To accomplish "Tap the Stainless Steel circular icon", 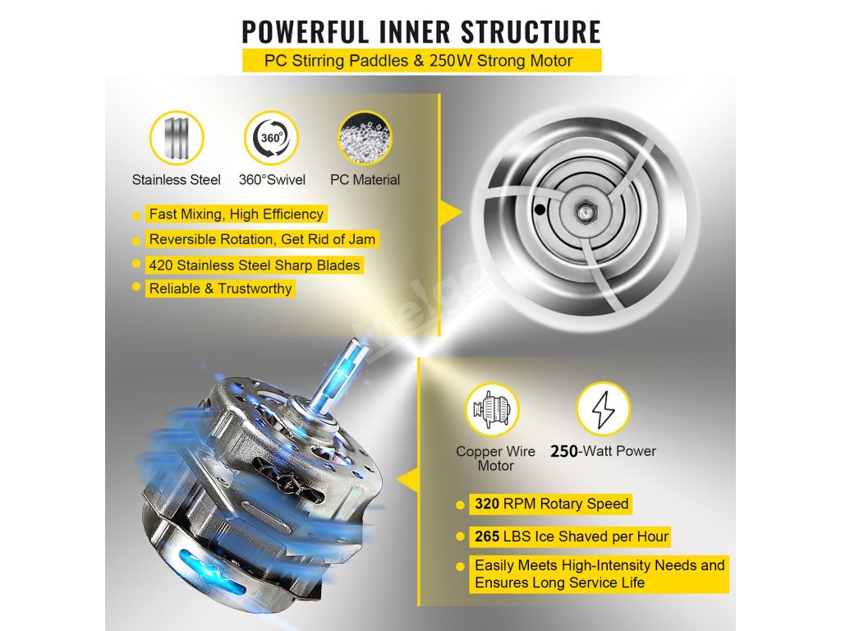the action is [x=177, y=137].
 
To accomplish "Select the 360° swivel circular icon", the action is [x=271, y=137].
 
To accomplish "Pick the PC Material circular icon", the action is [x=365, y=137].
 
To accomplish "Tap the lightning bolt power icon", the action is [x=603, y=409].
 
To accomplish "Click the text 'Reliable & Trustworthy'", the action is [x=220, y=288].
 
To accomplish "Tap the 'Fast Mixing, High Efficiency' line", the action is [x=236, y=214].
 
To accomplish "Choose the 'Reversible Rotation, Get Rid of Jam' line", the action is [x=262, y=240].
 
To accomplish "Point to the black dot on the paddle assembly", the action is [x=539, y=210].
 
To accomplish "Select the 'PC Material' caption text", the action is [x=365, y=179].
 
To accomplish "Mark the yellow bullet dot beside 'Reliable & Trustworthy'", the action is [x=136, y=288].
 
